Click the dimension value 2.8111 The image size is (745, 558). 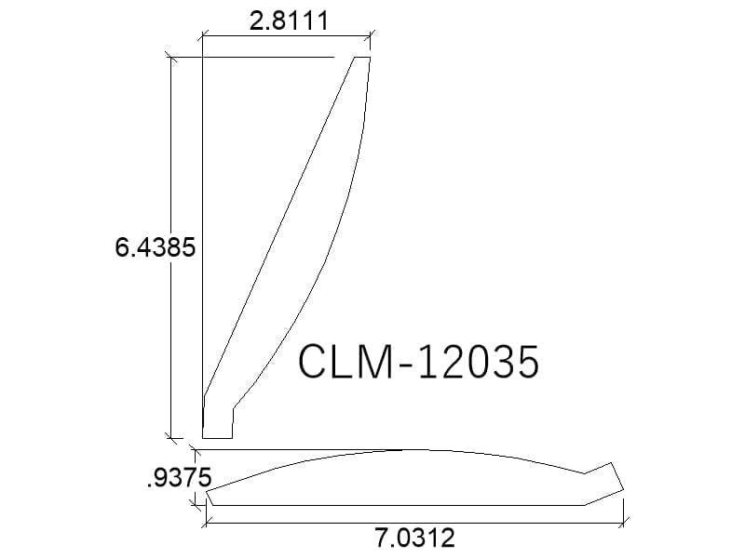(289, 20)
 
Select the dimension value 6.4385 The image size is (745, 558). (156, 247)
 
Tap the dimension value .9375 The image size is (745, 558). (179, 478)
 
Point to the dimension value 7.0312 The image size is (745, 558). (415, 538)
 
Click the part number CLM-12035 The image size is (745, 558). (418, 362)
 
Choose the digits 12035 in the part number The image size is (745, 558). (479, 362)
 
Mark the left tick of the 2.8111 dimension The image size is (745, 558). (203, 34)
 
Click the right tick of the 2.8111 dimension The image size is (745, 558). (370, 34)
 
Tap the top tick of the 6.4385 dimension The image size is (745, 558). (171, 58)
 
